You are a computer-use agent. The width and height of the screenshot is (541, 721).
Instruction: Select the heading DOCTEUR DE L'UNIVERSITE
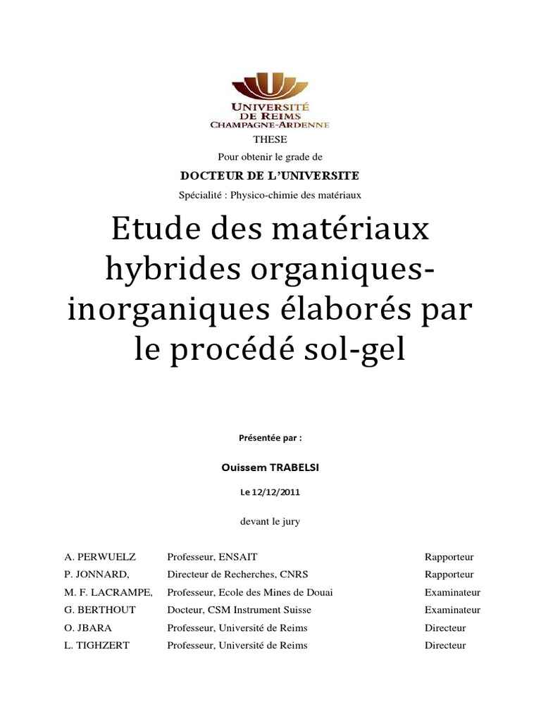[x=270, y=175]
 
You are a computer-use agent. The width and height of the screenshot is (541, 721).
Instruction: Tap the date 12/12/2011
[x=277, y=493]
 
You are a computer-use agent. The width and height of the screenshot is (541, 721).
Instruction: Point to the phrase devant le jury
[x=270, y=522]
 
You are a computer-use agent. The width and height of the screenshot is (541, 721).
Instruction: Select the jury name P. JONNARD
[x=97, y=575]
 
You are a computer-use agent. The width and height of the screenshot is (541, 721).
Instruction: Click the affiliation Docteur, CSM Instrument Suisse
[x=239, y=610]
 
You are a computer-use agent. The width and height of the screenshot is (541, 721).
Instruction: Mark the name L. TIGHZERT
[x=97, y=645]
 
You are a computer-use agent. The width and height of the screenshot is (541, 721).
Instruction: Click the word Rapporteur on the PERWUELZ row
[x=449, y=556]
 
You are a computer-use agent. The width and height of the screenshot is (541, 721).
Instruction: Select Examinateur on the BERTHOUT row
[x=452, y=610]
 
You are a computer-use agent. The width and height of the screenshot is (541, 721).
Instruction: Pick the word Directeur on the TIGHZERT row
[x=445, y=645]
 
